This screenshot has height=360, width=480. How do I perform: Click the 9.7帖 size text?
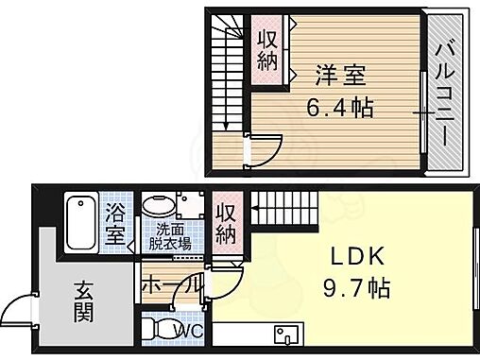[355, 284]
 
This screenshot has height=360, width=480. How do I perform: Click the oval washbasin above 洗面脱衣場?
[157, 206]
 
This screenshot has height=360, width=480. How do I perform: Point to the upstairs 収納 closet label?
[268, 52]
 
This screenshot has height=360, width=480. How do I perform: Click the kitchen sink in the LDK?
[287, 335]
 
